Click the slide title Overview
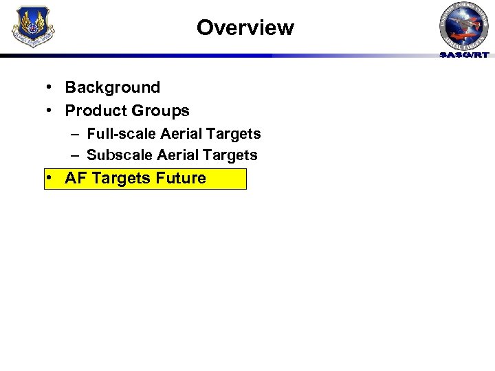tap(245, 27)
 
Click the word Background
tap(112, 87)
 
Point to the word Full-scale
tap(122, 134)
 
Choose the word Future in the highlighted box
tap(181, 179)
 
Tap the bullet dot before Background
tap(52, 87)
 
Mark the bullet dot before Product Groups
tap(52, 111)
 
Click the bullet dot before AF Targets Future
tap(52, 179)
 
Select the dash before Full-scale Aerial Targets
tap(74, 134)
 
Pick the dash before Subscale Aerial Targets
tap(74, 155)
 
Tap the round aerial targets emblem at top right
tap(464, 25)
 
